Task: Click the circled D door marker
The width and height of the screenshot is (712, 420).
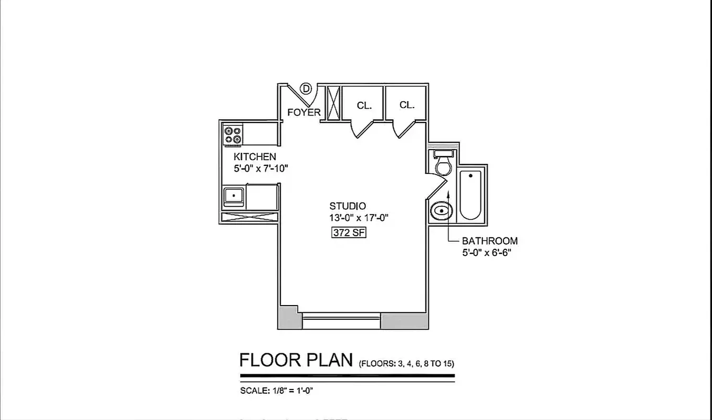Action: tap(306, 89)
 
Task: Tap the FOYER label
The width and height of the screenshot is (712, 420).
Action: tap(303, 112)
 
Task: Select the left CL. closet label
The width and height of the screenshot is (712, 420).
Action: tap(364, 106)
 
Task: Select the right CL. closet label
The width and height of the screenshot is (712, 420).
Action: tap(407, 105)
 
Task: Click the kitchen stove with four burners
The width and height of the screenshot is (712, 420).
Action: tap(233, 135)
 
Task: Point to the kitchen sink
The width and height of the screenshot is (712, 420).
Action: tap(233, 197)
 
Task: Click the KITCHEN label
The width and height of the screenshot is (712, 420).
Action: tap(255, 156)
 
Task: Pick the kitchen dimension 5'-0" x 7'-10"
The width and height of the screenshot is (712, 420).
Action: tap(261, 169)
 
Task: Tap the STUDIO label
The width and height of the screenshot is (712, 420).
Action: tap(348, 206)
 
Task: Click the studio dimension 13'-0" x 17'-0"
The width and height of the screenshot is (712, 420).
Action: tap(358, 218)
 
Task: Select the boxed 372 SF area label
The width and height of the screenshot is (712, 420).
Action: tap(348, 233)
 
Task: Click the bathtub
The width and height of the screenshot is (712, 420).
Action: tap(470, 195)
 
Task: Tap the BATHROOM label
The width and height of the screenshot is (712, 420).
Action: tap(489, 241)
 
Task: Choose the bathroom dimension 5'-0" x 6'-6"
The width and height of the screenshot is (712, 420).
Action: tap(486, 253)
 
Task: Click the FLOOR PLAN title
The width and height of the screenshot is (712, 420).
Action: tap(296, 360)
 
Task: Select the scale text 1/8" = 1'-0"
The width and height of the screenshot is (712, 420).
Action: tap(277, 390)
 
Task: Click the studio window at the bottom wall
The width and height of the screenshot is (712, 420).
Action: tap(341, 320)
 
